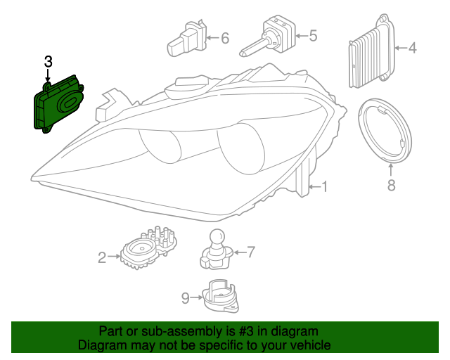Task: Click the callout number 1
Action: (x=324, y=186)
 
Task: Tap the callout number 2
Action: (x=102, y=257)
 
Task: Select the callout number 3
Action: (x=48, y=62)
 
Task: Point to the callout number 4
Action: (x=413, y=49)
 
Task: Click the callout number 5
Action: (x=313, y=34)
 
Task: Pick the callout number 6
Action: (x=225, y=38)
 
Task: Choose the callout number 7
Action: (x=250, y=251)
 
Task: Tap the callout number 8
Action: (x=392, y=185)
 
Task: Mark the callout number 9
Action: (x=186, y=299)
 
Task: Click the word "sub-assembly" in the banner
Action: (x=173, y=331)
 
